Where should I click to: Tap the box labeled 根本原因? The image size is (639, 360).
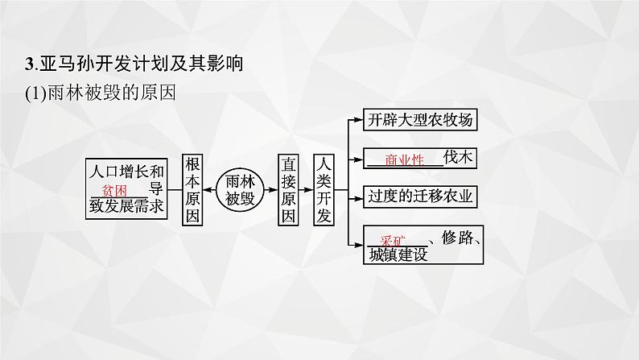(194, 190)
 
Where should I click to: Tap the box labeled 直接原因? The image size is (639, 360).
(290, 190)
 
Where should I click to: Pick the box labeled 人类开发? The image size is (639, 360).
(324, 190)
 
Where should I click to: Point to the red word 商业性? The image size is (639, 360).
(404, 159)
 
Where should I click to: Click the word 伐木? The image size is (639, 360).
(463, 158)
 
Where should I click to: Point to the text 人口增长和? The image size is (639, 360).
(126, 172)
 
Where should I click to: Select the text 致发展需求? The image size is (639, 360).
(126, 207)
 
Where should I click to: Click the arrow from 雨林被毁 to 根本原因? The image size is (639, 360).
(213, 190)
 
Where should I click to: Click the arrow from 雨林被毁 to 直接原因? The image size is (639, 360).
(271, 190)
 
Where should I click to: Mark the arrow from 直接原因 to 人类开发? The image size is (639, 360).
(307, 190)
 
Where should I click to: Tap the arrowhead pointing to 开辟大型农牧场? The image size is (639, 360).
(353, 121)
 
